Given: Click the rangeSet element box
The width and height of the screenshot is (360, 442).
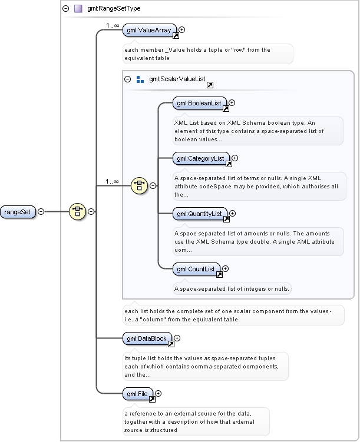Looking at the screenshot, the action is [x=18, y=212].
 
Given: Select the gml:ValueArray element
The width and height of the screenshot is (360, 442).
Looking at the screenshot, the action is [x=150, y=30].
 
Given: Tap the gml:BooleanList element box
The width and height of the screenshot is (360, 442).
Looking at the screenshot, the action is [x=200, y=103].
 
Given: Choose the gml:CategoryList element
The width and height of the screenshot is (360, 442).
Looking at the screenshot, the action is [x=201, y=158].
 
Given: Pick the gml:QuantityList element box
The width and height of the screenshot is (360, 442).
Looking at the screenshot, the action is [x=200, y=214].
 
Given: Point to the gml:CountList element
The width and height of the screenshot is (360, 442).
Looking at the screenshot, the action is [x=196, y=269].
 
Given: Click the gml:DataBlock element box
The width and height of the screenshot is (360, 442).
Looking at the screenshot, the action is [x=147, y=338].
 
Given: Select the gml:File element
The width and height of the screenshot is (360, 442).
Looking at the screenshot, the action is [x=138, y=394].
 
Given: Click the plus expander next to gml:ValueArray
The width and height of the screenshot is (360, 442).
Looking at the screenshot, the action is [x=182, y=29].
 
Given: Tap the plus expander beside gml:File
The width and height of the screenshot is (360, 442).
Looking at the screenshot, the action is [x=158, y=393].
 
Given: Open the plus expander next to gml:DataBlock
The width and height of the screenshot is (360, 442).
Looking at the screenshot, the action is [x=177, y=338].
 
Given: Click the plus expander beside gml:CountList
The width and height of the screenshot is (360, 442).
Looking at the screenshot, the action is [x=225, y=268].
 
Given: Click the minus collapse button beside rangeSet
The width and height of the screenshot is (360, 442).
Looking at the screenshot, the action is [x=41, y=211].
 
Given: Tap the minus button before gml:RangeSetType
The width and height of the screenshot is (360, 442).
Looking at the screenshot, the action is [x=66, y=8].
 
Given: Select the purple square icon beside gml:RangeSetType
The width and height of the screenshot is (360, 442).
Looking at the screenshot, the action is [x=78, y=8].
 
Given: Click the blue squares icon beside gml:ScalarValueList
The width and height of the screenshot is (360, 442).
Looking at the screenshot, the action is [x=140, y=79].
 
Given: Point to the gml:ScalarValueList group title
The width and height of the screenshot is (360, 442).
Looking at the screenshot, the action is [x=177, y=79].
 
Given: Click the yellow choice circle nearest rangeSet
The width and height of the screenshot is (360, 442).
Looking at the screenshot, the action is [x=77, y=211].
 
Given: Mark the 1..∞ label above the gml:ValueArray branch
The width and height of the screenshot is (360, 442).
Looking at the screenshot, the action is [x=113, y=26].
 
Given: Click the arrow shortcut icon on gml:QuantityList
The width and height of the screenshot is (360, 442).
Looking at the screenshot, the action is [x=226, y=220].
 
